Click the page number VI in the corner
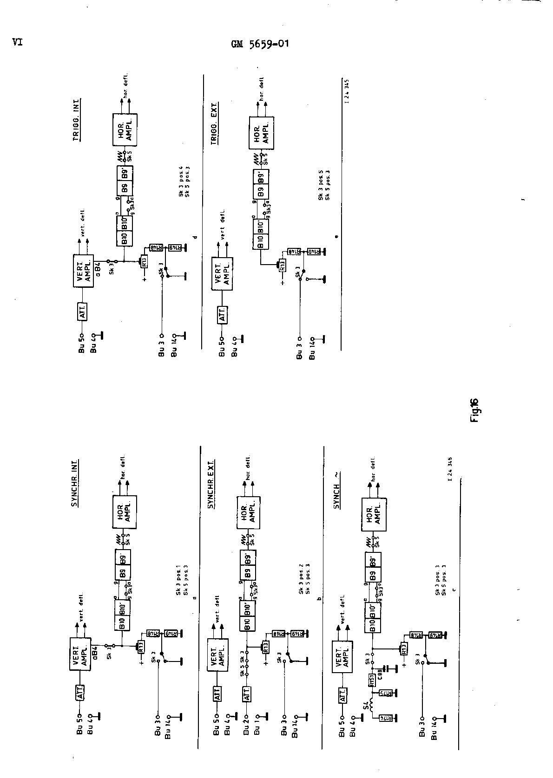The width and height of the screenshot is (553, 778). click(18, 42)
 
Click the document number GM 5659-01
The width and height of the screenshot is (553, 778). click(260, 44)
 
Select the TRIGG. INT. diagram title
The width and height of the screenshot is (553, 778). click(77, 119)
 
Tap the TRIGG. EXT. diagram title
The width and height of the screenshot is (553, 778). click(215, 123)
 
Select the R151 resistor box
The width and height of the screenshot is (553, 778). click(372, 681)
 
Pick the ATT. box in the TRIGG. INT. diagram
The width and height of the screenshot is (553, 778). click(82, 313)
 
